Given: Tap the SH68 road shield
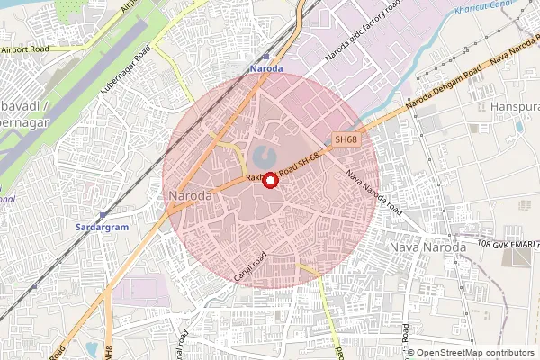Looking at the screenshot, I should (x=346, y=140).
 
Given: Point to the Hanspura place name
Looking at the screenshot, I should (x=514, y=107).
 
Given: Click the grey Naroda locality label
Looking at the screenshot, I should (x=190, y=194).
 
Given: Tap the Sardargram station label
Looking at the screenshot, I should (x=102, y=228).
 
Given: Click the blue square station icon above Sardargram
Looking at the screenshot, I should (x=103, y=214).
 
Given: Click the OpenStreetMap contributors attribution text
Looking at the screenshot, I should (x=475, y=352).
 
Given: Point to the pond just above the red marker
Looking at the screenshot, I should (x=262, y=156).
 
